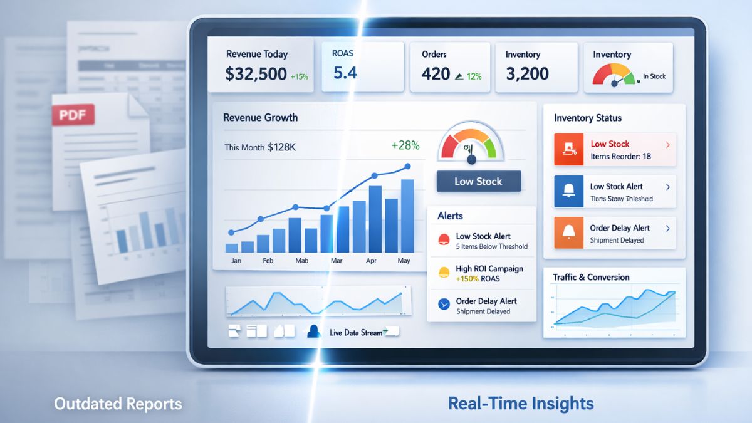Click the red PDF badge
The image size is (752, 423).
pyautogui.click(x=73, y=115)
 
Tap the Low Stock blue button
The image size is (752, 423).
pyautogui.click(x=478, y=181)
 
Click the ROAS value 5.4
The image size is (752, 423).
pyautogui.click(x=345, y=73)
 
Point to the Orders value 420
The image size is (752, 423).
pyautogui.click(x=436, y=74)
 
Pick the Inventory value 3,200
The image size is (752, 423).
pyautogui.click(x=528, y=74)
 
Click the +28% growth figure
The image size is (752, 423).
pyautogui.click(x=405, y=145)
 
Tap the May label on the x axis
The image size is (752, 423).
pyautogui.click(x=404, y=260)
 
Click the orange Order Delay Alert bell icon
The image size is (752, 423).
pyautogui.click(x=569, y=232)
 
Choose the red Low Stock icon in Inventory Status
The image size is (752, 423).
pyautogui.click(x=569, y=149)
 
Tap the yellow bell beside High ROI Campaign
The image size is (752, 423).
pyautogui.click(x=444, y=272)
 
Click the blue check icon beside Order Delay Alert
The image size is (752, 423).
pyautogui.click(x=444, y=305)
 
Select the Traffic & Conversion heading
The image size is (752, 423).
pyautogui.click(x=591, y=277)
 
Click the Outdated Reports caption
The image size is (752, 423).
pyautogui.click(x=118, y=404)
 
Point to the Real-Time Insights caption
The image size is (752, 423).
pyautogui.click(x=521, y=403)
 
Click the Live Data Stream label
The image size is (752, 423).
pyautogui.click(x=355, y=332)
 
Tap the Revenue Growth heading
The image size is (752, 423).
pyautogui.click(x=260, y=117)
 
